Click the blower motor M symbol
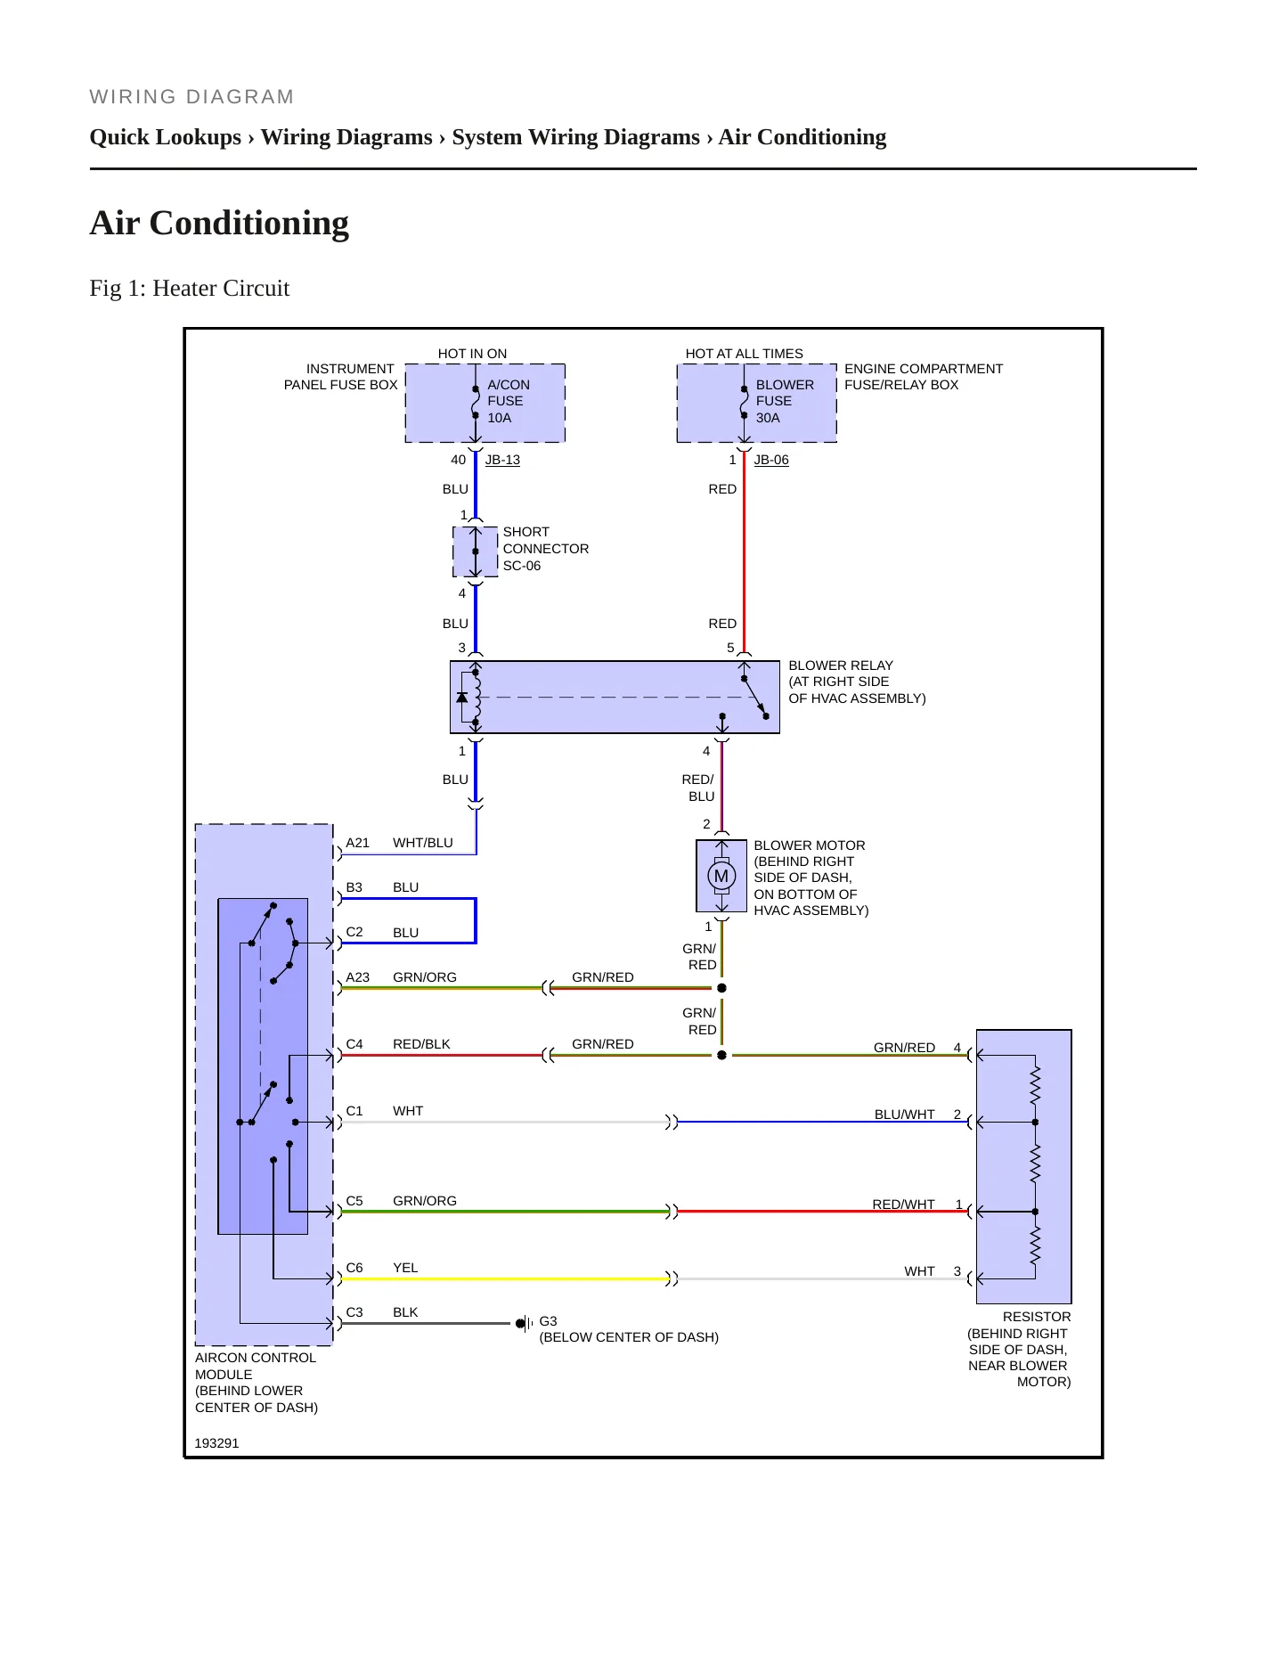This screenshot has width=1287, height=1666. (721, 876)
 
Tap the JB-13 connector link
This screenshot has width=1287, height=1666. (502, 460)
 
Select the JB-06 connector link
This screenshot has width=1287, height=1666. (771, 460)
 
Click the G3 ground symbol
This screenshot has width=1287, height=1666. (525, 1324)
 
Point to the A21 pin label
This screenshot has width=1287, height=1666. (357, 843)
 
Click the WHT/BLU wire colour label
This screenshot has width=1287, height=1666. (423, 843)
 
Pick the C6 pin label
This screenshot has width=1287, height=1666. (354, 1268)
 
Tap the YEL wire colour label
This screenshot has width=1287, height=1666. (405, 1268)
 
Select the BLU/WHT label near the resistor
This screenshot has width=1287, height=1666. (905, 1115)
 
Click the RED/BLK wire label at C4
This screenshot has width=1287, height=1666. (421, 1044)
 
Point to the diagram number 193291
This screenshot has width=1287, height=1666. (216, 1443)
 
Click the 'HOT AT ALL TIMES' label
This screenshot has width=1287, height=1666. (744, 354)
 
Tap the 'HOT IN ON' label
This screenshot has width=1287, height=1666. (472, 354)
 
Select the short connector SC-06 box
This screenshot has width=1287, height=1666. (476, 551)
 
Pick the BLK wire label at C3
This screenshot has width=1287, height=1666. (405, 1312)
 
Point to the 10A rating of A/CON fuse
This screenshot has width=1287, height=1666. (499, 418)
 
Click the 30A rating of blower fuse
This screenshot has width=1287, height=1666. (768, 418)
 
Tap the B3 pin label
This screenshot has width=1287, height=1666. (354, 887)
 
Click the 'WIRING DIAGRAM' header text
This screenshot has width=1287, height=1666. (191, 97)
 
